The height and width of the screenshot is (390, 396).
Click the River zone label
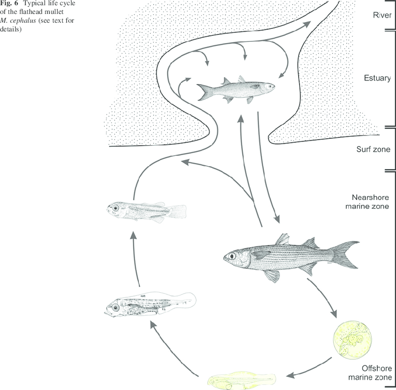point(381,14)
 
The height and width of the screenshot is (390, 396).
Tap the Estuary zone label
point(377,78)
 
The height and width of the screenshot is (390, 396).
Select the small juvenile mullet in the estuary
point(236,88)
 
